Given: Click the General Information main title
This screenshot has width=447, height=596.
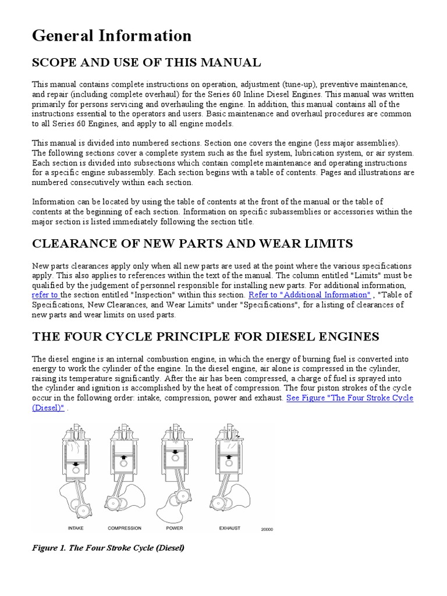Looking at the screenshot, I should [112, 36].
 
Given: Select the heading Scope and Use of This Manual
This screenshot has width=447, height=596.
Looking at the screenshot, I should [147, 62].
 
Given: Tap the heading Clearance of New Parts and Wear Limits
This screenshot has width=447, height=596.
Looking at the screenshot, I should [192, 243].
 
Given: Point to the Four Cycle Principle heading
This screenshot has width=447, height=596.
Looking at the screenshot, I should [206, 336].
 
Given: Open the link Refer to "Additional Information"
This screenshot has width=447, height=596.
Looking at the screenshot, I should [309, 295].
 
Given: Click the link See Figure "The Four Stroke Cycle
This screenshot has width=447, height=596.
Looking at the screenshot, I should [350, 398].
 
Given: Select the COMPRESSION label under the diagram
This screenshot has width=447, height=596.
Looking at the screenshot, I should [125, 528].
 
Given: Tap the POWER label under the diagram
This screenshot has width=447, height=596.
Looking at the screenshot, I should [174, 528].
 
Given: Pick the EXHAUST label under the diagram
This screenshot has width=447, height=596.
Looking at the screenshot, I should [229, 528].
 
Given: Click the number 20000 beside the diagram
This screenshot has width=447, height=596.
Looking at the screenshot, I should [267, 530].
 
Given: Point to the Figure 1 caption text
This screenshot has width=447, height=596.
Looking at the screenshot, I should [108, 548].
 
